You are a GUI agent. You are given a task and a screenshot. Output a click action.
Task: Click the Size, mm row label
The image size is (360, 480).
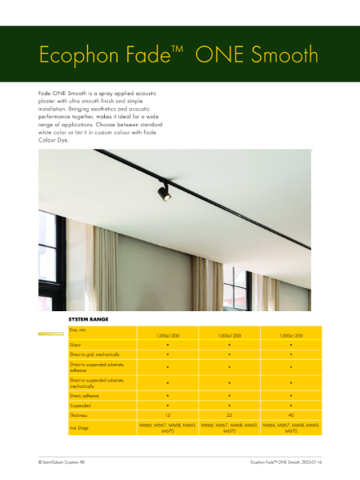78,330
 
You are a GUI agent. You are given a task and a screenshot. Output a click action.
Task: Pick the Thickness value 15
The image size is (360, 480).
167,416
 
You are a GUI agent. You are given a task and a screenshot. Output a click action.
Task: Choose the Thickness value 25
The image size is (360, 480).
229,416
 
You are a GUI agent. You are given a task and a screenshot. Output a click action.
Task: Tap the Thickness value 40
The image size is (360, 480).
290,416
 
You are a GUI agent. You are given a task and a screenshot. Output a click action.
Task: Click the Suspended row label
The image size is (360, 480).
81,406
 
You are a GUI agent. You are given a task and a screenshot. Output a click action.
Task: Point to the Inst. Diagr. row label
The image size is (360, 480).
81,430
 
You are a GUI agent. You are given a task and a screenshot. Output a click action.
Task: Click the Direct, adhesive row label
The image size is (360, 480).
86,395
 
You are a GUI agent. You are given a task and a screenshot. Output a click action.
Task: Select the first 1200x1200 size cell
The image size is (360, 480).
167,336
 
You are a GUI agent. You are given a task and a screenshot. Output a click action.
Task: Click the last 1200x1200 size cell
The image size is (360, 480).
290,336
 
